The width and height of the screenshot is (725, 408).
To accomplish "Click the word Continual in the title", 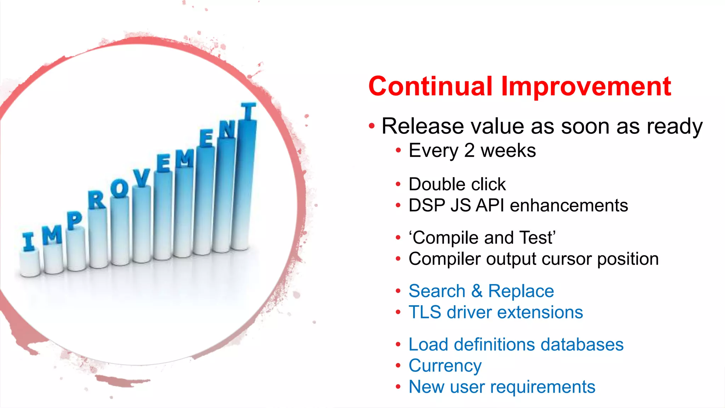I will tap(430, 86).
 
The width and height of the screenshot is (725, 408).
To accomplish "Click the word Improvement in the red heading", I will tap(586, 87).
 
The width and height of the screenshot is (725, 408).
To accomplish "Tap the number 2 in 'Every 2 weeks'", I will tap(469, 151).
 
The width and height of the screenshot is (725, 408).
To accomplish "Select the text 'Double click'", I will tap(457, 184).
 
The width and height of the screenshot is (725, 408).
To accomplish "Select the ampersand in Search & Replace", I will tap(476, 291).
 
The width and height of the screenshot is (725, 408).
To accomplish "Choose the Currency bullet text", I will tap(445, 366).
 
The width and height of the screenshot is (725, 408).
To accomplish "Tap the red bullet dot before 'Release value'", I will tap(371, 126).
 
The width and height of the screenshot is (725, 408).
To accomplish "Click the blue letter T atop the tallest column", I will tap(249, 111).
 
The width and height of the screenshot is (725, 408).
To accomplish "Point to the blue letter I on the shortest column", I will tap(28, 242).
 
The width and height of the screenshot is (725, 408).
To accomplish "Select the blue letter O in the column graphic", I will tap(119, 188).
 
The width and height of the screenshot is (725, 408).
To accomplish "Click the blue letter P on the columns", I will tap(74, 220).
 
